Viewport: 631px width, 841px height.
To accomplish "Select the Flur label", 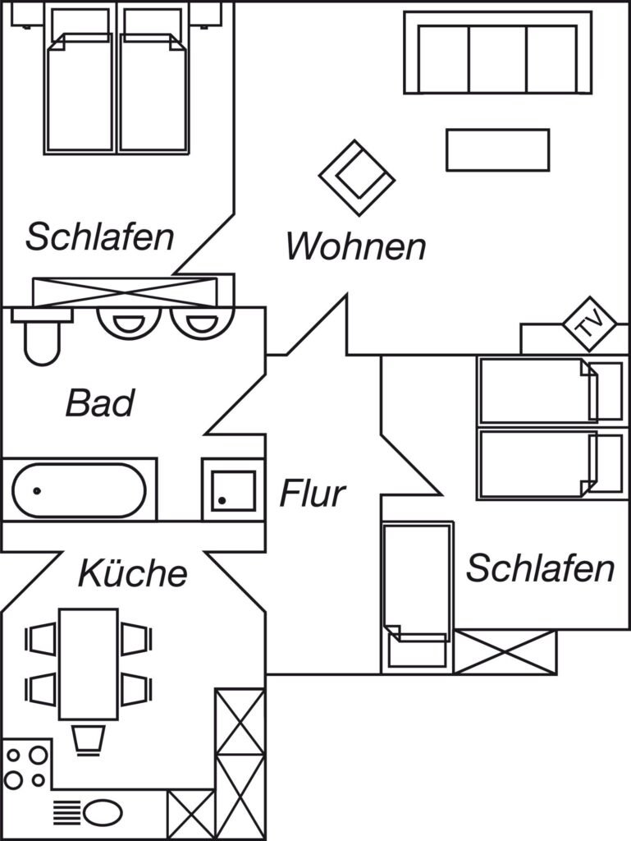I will (x=313, y=494).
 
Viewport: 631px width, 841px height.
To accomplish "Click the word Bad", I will (x=100, y=403).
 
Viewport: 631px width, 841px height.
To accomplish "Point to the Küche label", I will (x=132, y=572).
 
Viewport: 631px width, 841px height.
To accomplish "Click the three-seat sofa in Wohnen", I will (x=497, y=53).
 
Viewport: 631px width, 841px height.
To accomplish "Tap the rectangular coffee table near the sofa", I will (x=497, y=149).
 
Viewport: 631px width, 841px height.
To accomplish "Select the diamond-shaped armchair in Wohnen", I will (x=357, y=177).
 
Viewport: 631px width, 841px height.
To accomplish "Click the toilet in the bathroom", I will (x=39, y=339).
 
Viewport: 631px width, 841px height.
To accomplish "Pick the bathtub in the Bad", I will (x=80, y=490).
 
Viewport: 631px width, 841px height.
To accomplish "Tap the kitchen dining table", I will (x=89, y=664).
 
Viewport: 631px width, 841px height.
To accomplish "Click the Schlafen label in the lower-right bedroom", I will (x=540, y=568).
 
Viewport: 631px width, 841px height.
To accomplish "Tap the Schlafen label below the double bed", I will (x=99, y=237).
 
